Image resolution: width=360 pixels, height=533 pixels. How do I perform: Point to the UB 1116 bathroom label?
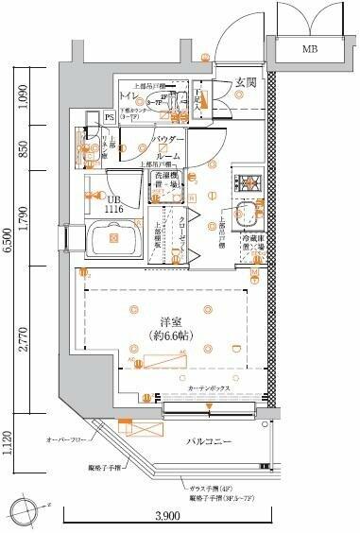[115, 205]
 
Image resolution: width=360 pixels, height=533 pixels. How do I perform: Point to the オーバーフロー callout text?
[66, 440]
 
